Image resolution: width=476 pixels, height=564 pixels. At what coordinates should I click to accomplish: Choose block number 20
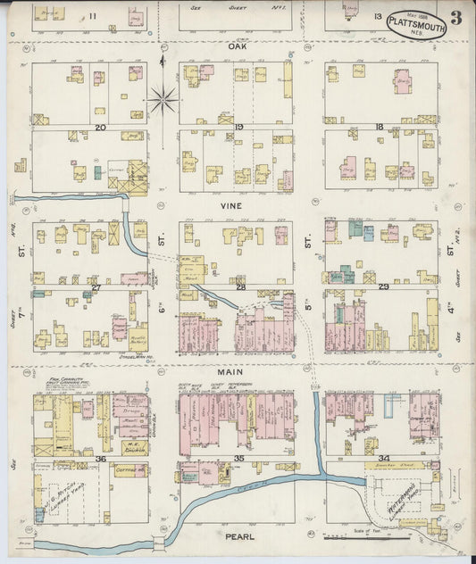(x=101, y=128)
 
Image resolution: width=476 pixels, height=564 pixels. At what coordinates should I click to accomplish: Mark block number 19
(x=239, y=128)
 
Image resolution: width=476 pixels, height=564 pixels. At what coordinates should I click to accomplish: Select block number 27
(x=96, y=287)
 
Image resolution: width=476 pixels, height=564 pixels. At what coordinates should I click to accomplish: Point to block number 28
(x=240, y=287)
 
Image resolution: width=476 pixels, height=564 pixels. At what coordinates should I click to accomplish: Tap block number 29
(x=383, y=287)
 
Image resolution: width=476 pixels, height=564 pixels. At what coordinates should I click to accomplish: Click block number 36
(x=101, y=460)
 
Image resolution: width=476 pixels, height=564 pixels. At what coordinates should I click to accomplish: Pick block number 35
(x=239, y=459)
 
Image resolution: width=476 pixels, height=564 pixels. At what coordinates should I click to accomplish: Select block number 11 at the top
(x=92, y=17)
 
